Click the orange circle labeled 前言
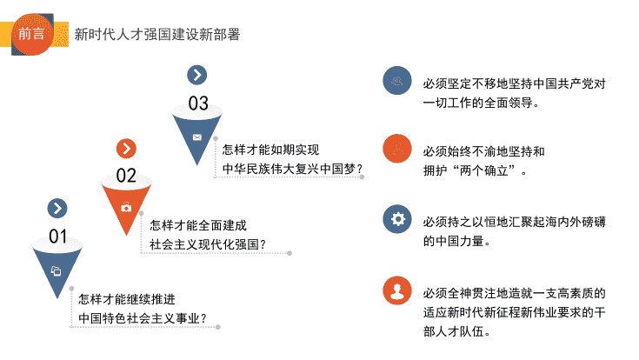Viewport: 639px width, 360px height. [32, 34]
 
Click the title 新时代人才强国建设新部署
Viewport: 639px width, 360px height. [157, 35]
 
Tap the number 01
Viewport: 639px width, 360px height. [58, 237]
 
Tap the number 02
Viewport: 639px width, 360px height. [126, 176]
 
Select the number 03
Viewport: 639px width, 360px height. [198, 103]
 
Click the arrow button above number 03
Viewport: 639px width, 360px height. [197, 75]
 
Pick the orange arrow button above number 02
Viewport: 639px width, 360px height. [126, 149]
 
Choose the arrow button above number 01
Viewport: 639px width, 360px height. [57, 209]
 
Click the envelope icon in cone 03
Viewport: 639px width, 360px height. [196, 137]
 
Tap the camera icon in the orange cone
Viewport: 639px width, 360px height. [126, 208]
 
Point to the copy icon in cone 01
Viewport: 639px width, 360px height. [57, 270]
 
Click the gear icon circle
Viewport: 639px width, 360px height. [397, 219]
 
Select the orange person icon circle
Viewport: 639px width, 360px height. [397, 290]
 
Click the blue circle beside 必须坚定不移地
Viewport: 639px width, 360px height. [397, 80]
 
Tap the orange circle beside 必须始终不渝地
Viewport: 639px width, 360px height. [397, 149]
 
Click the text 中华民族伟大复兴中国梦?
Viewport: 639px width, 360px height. [293, 169]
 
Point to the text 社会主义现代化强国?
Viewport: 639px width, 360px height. [208, 244]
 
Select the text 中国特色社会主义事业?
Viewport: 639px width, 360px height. [143, 318]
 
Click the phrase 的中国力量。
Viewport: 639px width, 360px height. [456, 242]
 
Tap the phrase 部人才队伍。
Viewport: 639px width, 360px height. [456, 331]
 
